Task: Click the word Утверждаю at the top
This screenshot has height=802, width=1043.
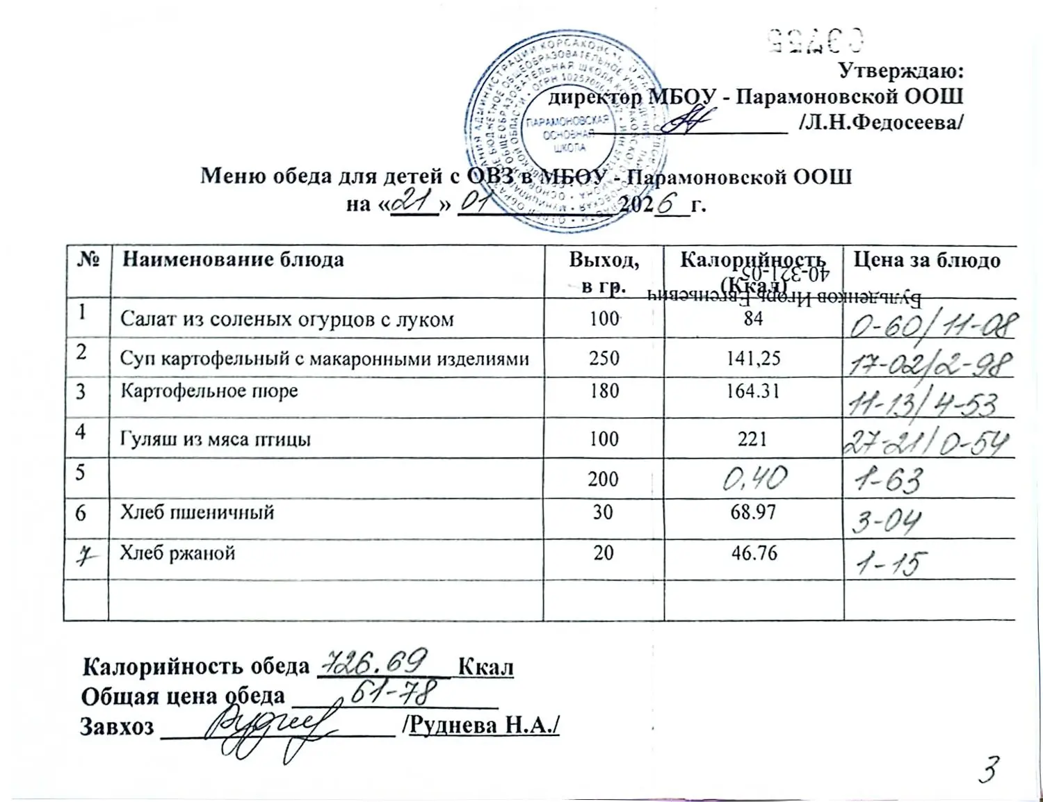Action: coord(900,72)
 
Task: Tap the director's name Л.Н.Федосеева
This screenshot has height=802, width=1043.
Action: coord(881,122)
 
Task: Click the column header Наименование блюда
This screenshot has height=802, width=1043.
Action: coord(233,260)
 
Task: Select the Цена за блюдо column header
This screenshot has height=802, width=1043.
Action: coord(927,260)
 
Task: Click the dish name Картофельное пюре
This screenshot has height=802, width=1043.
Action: coord(209,391)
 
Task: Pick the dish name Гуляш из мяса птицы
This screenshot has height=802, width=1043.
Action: coord(215,439)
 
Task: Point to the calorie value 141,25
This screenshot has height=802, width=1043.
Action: coord(753,358)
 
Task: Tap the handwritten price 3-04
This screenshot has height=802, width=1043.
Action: coord(887,521)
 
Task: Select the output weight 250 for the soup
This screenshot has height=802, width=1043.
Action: coord(603,358)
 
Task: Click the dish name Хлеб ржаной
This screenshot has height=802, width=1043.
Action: coord(177,553)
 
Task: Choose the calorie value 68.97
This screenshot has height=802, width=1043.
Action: coord(753,512)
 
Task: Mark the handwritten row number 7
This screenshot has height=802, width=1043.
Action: coord(86,556)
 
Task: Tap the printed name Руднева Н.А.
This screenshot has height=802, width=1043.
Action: coord(484,725)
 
